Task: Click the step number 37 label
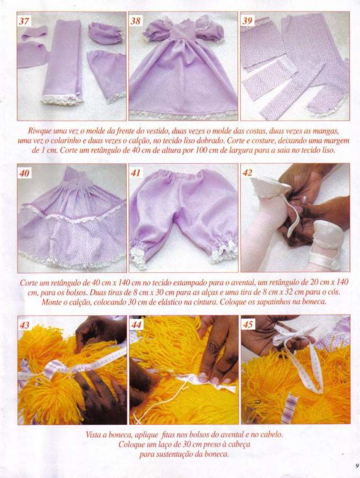coord(24,21)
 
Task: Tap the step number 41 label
coord(136,173)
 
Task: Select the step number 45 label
coord(248,324)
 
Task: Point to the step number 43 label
coord(24,325)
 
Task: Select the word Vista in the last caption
coord(93,435)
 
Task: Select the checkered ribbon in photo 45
coord(288,409)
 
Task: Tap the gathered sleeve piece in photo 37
coord(105,33)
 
